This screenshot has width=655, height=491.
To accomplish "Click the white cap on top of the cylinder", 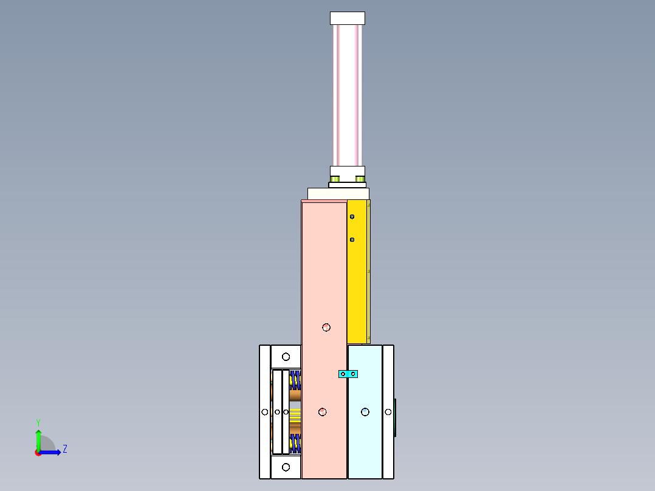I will [x=348, y=18].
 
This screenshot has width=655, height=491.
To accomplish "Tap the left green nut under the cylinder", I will [x=335, y=179].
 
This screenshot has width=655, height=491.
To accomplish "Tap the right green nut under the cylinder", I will [x=361, y=179].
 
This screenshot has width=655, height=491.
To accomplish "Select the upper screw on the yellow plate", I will [x=352, y=216].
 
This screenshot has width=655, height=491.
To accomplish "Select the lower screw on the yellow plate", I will [x=352, y=240].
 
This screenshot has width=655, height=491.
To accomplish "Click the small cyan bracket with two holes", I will [x=348, y=374].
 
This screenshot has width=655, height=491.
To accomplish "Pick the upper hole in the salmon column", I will [x=326, y=327].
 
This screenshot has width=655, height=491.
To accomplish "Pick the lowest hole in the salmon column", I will [x=323, y=412].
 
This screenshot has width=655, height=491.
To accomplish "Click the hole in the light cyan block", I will [x=365, y=412].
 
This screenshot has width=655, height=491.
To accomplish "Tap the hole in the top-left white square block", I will [x=286, y=357].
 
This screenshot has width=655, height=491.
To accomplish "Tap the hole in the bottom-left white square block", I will [x=286, y=467].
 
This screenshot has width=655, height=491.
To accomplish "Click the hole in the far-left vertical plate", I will [x=265, y=412].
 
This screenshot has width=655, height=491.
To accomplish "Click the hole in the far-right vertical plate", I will [x=388, y=412].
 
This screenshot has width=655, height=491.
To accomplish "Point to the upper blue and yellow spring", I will [x=295, y=380].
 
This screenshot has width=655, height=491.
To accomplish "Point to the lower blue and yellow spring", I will [x=295, y=444].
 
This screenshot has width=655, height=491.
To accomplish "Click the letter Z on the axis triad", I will [x=64, y=449].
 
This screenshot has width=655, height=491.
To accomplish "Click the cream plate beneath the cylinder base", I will [x=338, y=193].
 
